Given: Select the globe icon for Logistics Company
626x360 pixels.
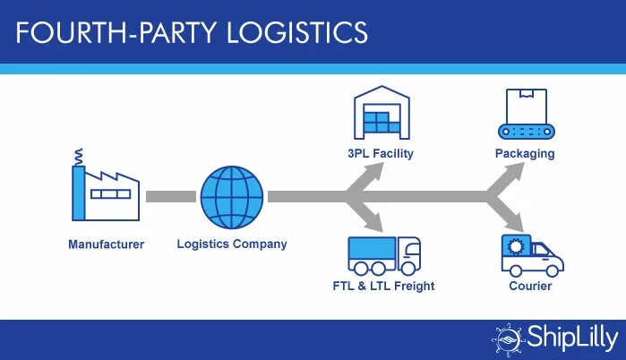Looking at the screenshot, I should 232,196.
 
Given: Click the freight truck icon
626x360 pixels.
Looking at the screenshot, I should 382,254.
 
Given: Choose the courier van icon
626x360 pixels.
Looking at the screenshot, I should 532,254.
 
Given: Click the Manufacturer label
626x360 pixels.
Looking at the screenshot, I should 106,244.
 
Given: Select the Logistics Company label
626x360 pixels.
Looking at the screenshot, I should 232,244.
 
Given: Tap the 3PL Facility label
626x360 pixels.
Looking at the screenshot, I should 381,154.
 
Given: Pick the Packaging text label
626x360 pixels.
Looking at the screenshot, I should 525,154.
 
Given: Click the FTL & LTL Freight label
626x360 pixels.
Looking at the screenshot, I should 382,287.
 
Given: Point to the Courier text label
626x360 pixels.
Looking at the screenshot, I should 530,287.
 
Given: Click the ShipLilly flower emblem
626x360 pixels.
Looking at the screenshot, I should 507,339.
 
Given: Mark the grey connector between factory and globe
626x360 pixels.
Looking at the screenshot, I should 171,196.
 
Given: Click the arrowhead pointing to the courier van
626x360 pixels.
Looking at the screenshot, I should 517,222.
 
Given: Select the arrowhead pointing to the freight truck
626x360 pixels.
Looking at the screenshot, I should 373,222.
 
